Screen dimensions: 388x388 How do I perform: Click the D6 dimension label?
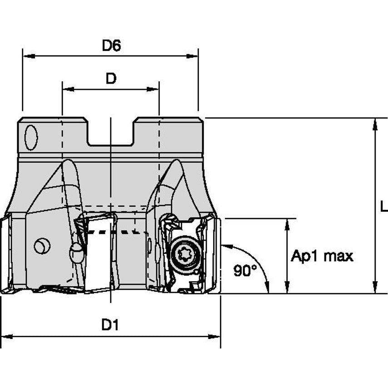(x=111, y=45)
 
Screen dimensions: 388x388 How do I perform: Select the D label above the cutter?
(x=111, y=79)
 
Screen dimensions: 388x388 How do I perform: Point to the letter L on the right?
(x=383, y=207)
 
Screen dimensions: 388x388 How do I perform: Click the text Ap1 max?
(x=322, y=256)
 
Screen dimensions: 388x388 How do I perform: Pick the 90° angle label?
(x=245, y=271)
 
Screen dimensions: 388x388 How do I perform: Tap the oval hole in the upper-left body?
(x=31, y=138)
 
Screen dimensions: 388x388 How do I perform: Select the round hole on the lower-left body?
(x=42, y=247)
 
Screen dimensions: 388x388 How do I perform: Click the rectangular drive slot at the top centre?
(x=110, y=133)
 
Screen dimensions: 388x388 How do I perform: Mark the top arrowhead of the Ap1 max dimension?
(x=287, y=223)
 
